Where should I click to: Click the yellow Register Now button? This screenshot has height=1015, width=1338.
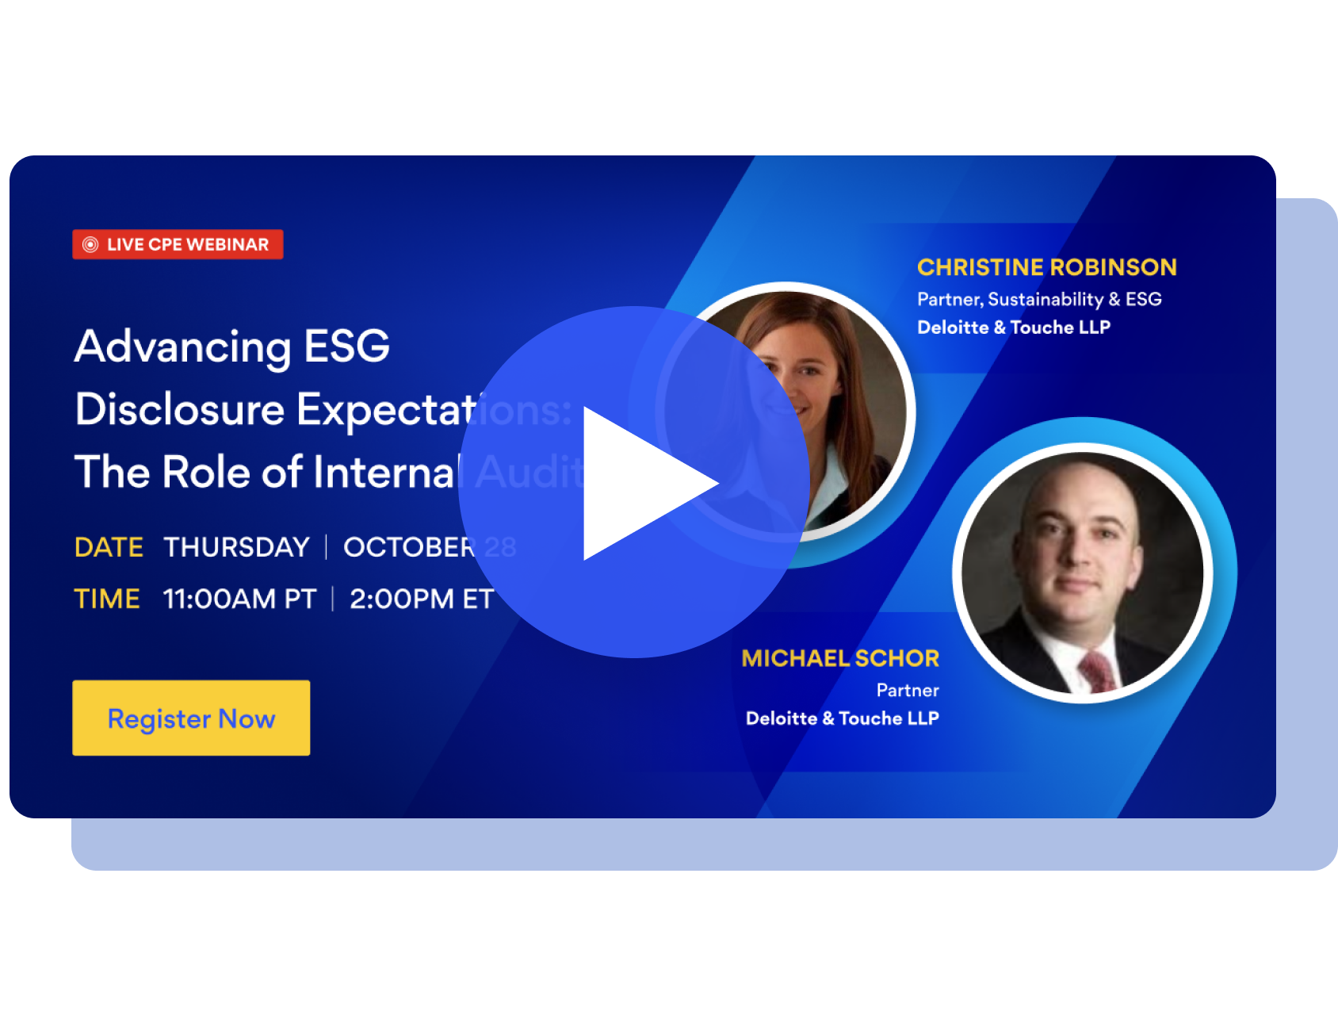point(191,718)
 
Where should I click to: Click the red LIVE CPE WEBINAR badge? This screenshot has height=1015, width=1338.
point(178,244)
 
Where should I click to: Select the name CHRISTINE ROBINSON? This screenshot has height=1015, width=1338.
point(1046,267)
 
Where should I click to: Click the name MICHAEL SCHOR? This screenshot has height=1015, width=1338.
point(840,658)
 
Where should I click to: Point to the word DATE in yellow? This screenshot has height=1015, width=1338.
point(109,547)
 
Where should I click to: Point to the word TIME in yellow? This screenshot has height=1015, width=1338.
point(107,599)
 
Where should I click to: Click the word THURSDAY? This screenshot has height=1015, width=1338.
point(236,547)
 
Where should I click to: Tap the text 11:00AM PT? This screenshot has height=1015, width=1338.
point(239,599)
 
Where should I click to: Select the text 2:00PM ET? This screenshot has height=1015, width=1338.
point(422,599)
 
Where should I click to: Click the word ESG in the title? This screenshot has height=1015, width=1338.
point(347,347)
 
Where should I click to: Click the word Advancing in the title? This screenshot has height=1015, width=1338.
point(183,347)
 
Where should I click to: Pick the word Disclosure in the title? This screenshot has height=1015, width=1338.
point(180,409)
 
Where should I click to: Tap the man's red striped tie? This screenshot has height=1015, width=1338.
point(1098,670)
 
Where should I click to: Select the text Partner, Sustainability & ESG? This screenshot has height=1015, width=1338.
point(1039,299)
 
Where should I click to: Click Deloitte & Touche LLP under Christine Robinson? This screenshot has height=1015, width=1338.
point(1013,327)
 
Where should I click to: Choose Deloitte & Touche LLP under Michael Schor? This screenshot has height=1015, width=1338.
point(842,718)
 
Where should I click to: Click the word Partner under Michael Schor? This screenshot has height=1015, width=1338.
point(908,690)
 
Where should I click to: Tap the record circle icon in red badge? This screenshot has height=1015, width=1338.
point(90,244)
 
